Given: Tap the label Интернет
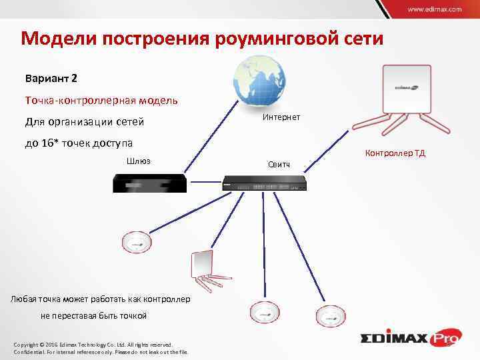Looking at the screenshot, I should (x=281, y=117).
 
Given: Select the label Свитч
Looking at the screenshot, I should (x=278, y=163).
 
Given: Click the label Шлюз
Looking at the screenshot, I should (x=138, y=161).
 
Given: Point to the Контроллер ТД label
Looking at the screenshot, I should (x=395, y=153).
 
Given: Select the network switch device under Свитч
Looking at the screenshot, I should (x=264, y=181).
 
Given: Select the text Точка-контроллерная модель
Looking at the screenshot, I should (x=101, y=100).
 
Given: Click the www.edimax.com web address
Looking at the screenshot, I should (x=434, y=10).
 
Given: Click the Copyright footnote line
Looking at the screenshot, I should (x=94, y=344).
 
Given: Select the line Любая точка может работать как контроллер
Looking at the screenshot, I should (x=101, y=298).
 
